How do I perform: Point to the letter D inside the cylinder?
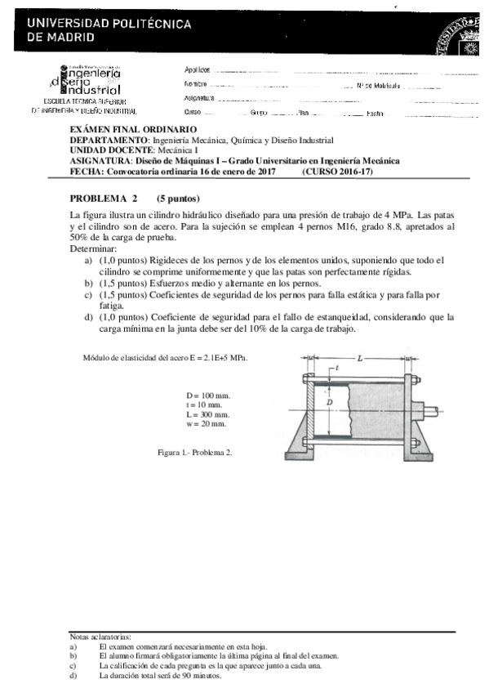pyautogui.click(x=330, y=402)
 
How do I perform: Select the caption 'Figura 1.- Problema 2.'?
pyautogui.click(x=195, y=452)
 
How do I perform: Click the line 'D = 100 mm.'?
pyautogui.click(x=208, y=395)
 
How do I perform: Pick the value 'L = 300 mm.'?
pyautogui.click(x=208, y=414)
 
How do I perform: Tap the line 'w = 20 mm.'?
pyautogui.click(x=207, y=424)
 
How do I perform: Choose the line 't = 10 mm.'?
pyautogui.click(x=205, y=405)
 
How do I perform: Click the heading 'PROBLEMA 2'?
pyautogui.click(x=104, y=198)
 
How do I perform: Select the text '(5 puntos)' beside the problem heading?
pyautogui.click(x=178, y=198)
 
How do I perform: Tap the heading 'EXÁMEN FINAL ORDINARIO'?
pyautogui.click(x=133, y=129)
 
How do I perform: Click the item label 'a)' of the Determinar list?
pyautogui.click(x=89, y=260)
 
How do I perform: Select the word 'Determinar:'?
pyautogui.click(x=94, y=248)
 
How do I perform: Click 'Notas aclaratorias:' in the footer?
pyautogui.click(x=100, y=636)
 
